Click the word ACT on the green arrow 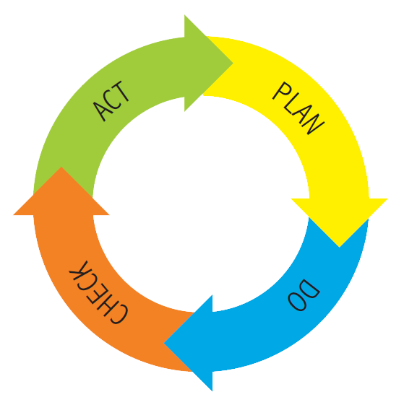click(111, 101)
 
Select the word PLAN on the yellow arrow click(298, 108)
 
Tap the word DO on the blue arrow click(304, 295)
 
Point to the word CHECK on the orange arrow click(99, 292)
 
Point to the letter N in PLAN click(314, 124)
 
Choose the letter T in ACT click(120, 91)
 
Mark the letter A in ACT click(100, 111)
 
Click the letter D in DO click(311, 289)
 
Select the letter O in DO click(297, 302)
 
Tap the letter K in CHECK click(79, 270)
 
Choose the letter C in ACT click(110, 101)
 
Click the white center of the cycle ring click(201, 204)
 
